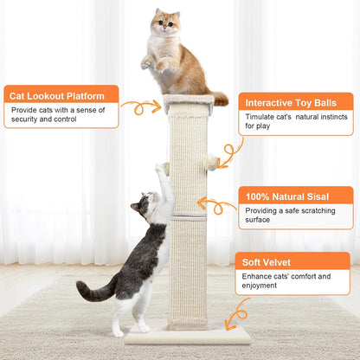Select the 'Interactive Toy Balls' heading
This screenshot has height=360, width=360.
(x=293, y=101)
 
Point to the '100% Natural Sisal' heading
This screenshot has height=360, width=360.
(x=287, y=196)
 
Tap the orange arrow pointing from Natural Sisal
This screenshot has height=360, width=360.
(x=216, y=206)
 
